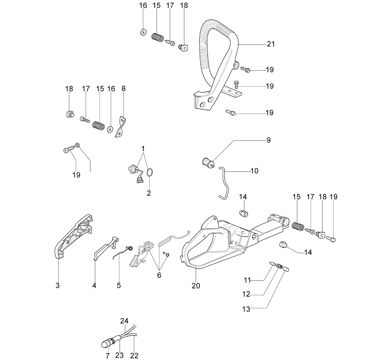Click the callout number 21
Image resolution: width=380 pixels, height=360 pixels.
(270, 44)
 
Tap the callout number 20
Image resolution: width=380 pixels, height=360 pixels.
(196, 286)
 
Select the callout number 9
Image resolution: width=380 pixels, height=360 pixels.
(269, 140)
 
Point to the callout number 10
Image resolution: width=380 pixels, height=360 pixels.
(254, 171)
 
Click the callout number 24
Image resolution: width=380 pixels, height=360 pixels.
(124, 321)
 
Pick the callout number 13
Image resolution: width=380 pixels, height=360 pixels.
(246, 309)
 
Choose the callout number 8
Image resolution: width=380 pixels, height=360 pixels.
(123, 89)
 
